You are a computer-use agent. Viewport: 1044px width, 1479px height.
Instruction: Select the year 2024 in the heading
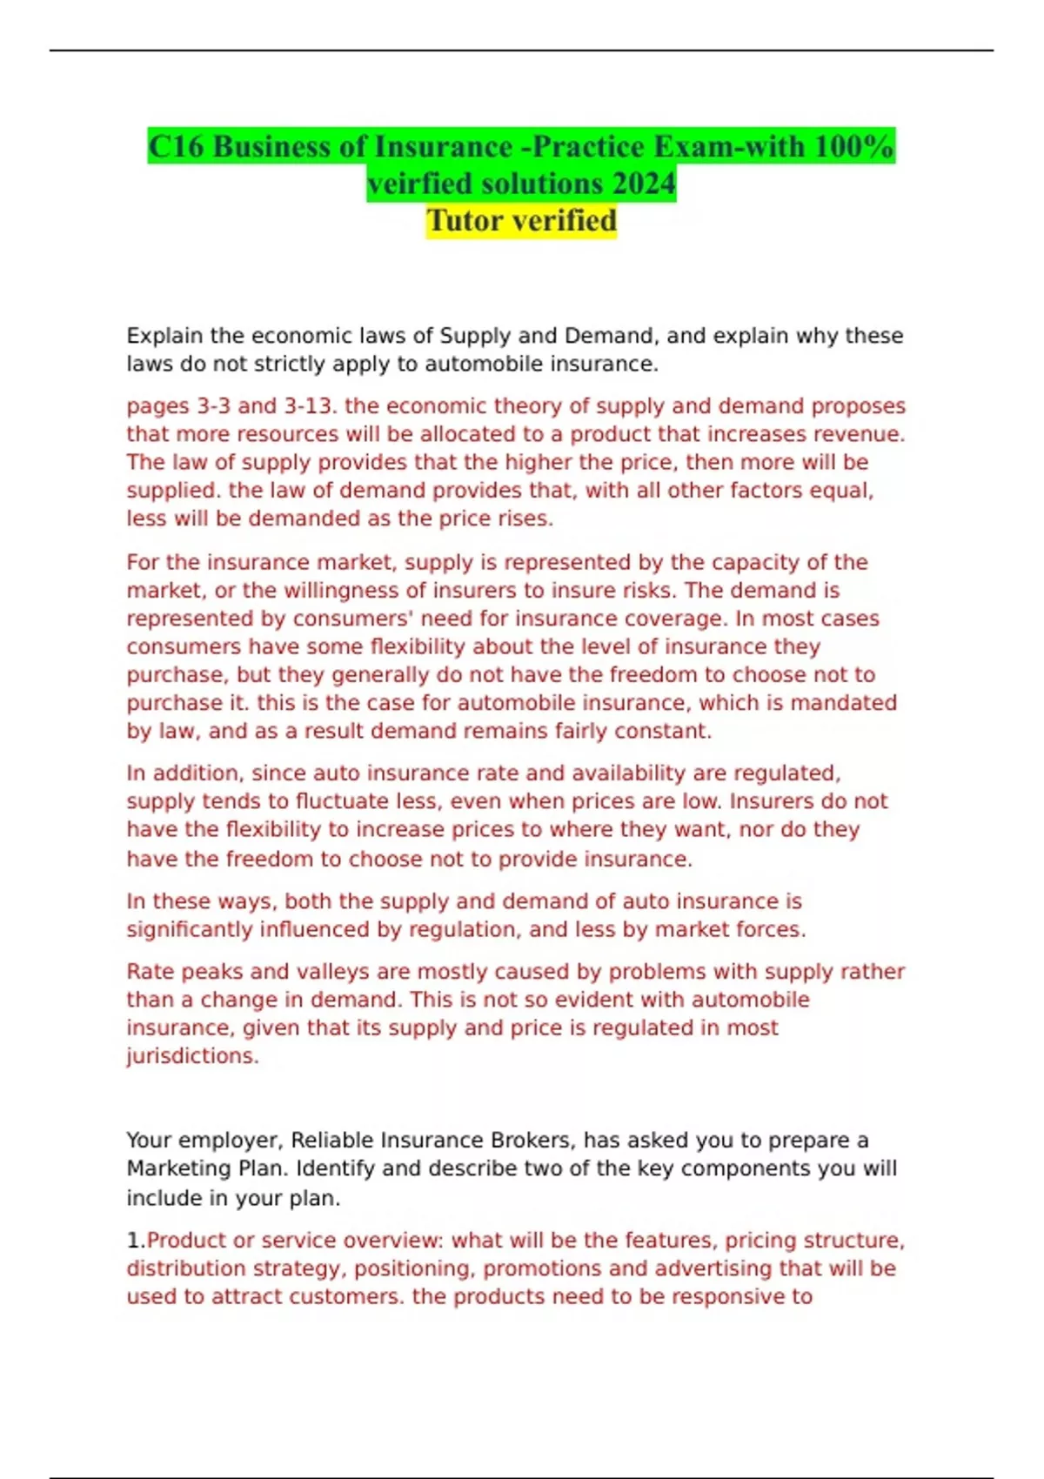point(643,184)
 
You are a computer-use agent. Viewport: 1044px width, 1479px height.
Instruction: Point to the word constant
point(663,731)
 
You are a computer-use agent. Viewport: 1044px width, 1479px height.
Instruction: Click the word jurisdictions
point(192,1055)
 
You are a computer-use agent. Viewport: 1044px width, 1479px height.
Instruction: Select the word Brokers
point(530,1140)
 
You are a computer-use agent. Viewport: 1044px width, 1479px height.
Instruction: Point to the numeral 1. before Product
point(136,1240)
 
